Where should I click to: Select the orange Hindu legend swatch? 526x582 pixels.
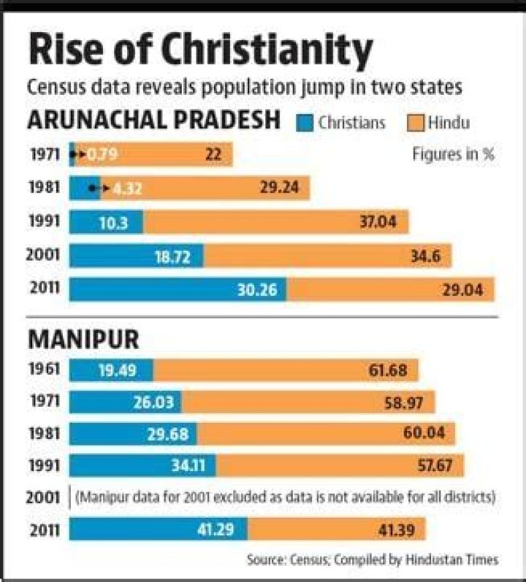tap(414, 122)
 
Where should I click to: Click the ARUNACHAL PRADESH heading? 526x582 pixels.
tap(153, 120)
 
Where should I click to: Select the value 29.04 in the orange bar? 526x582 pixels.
tap(462, 289)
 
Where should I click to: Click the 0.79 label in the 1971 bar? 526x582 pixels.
tap(103, 155)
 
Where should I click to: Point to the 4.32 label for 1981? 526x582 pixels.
tap(127, 188)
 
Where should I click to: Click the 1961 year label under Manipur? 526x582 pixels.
tap(45, 369)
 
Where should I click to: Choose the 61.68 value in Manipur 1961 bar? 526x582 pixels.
tap(387, 370)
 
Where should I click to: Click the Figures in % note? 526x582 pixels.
tap(454, 155)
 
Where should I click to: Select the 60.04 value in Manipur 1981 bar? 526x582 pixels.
tap(424, 434)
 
